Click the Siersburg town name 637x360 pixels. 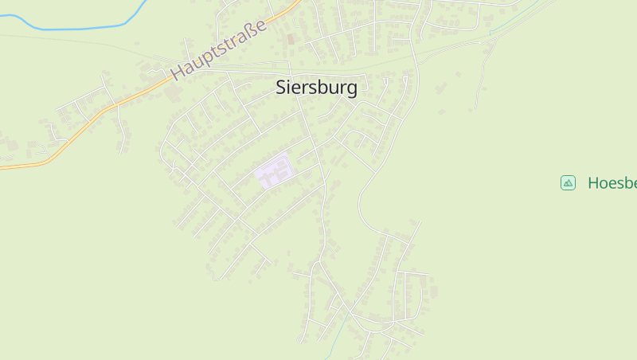coord(316,88)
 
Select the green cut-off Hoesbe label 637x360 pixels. coord(612,183)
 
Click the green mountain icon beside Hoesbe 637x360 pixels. coord(568,183)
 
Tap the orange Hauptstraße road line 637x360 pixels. coord(72,135)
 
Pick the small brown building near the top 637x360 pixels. coord(291,38)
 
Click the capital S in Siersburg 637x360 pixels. coord(281,88)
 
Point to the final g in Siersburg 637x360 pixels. coord(352,89)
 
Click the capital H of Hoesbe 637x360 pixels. coord(594,183)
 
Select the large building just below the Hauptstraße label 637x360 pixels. coord(174,93)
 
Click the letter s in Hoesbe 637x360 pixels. coord(621,183)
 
